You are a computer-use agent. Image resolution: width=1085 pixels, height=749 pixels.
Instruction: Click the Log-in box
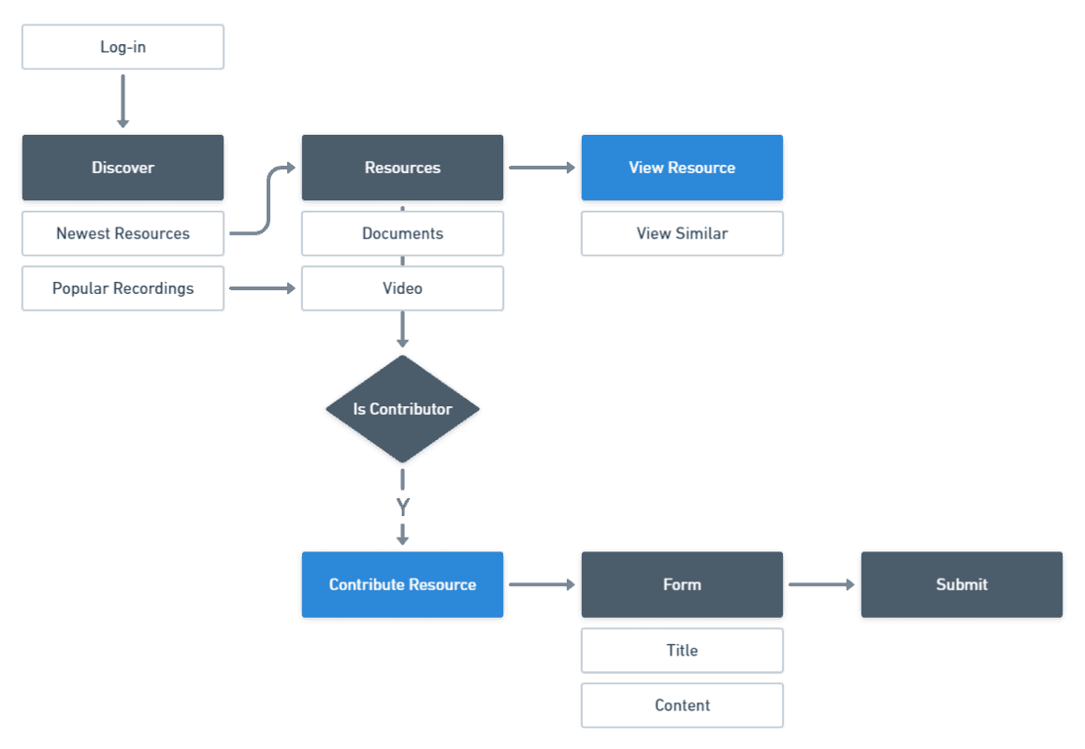tap(123, 47)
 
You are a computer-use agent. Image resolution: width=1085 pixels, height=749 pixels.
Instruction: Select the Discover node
tap(123, 169)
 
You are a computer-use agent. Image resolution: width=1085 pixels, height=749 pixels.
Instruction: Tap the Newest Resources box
tap(123, 233)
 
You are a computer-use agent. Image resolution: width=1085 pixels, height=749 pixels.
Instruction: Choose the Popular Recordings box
tap(123, 288)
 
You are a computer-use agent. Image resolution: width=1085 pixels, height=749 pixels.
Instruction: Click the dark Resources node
tap(402, 169)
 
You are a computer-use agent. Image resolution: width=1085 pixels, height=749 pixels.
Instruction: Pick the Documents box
tap(402, 233)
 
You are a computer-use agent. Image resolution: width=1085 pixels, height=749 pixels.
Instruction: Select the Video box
tap(402, 288)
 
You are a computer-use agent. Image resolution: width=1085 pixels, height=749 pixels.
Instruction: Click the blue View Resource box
tap(682, 169)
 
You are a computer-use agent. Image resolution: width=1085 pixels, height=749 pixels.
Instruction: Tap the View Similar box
tap(682, 233)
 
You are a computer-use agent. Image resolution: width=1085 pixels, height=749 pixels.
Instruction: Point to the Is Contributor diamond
tap(402, 409)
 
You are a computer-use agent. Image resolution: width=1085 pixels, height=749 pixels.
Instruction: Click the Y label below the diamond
tap(402, 507)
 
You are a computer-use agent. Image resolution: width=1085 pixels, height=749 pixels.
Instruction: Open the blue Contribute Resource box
tap(402, 585)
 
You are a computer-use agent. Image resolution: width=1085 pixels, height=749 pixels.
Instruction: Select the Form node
tap(682, 585)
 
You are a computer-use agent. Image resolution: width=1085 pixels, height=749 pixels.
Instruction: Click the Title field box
tap(682, 650)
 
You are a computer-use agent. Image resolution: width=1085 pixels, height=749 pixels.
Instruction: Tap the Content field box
tap(682, 705)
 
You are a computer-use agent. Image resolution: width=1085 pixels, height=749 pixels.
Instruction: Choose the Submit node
tap(962, 585)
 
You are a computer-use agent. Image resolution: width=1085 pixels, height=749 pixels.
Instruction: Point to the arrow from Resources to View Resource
tap(542, 169)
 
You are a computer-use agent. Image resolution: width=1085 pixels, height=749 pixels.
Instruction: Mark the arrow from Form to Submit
tap(821, 585)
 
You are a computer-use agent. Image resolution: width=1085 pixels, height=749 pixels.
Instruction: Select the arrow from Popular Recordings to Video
tap(262, 288)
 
